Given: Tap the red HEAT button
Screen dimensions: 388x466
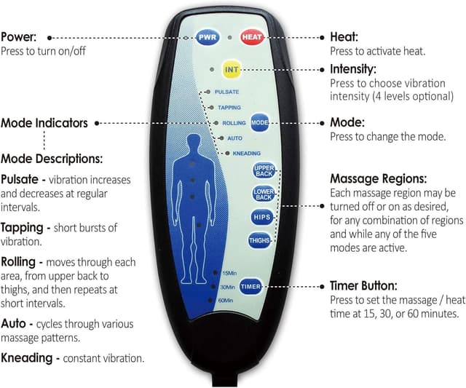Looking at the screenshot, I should click(252, 36).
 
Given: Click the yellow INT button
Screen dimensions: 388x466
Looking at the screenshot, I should click(232, 70).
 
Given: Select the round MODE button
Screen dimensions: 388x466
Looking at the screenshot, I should click(260, 123).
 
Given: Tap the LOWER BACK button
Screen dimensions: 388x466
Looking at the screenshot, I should click(263, 194).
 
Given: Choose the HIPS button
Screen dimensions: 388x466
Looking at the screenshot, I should click(262, 217).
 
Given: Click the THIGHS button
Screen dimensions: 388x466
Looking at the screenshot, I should click(260, 239).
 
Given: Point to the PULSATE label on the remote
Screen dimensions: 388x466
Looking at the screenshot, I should click(227, 92).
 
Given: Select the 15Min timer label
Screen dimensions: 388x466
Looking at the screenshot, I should click(229, 273).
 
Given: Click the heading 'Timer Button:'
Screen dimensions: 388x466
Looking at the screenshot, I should click(363, 286).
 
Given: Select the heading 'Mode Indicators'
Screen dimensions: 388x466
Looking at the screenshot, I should click(44, 123).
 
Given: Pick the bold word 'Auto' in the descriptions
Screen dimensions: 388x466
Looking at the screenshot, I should click(15, 322).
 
